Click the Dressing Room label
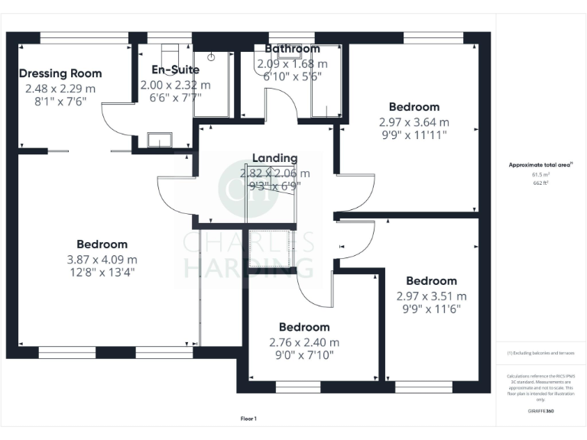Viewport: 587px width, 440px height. [60, 73]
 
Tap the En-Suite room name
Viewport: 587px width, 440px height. [175, 70]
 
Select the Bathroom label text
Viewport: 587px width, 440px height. [292, 49]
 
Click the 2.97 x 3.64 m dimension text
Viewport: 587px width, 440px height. [414, 121]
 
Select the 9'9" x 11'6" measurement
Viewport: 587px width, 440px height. [431, 310]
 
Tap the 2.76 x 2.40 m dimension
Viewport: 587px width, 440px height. [304, 342]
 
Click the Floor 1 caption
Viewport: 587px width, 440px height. [248, 419]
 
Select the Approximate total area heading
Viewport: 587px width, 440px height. [540, 165]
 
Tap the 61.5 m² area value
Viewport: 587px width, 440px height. [540, 174]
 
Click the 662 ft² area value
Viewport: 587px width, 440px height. [540, 182]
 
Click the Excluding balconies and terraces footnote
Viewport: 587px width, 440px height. [540, 353]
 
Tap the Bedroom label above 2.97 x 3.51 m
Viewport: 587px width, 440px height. [431, 281]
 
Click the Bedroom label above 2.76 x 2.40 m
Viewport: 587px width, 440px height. [304, 327]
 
